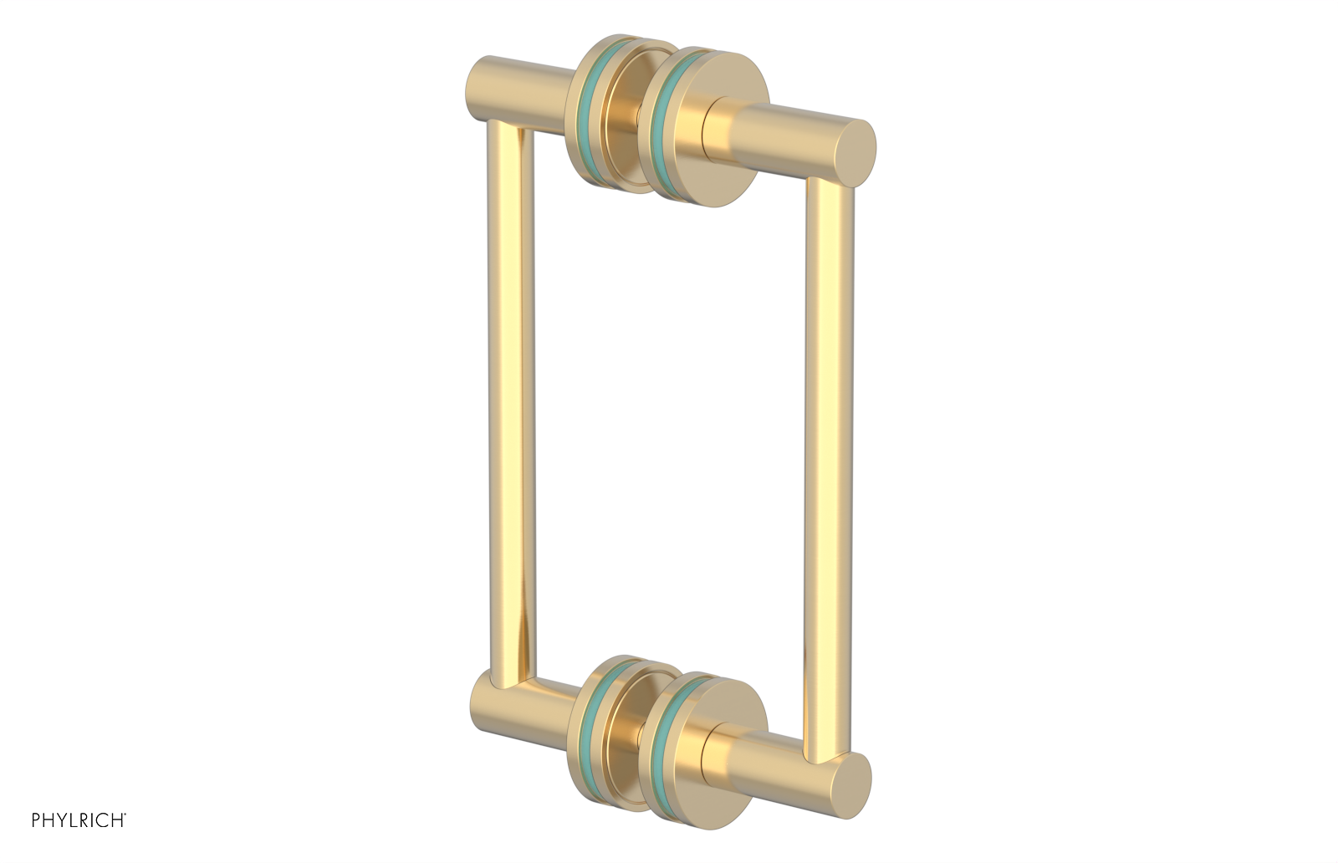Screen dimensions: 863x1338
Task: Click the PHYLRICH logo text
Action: pos(79,820)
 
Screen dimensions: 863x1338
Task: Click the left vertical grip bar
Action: pos(509,401)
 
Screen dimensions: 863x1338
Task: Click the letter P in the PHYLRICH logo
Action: pos(37,820)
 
